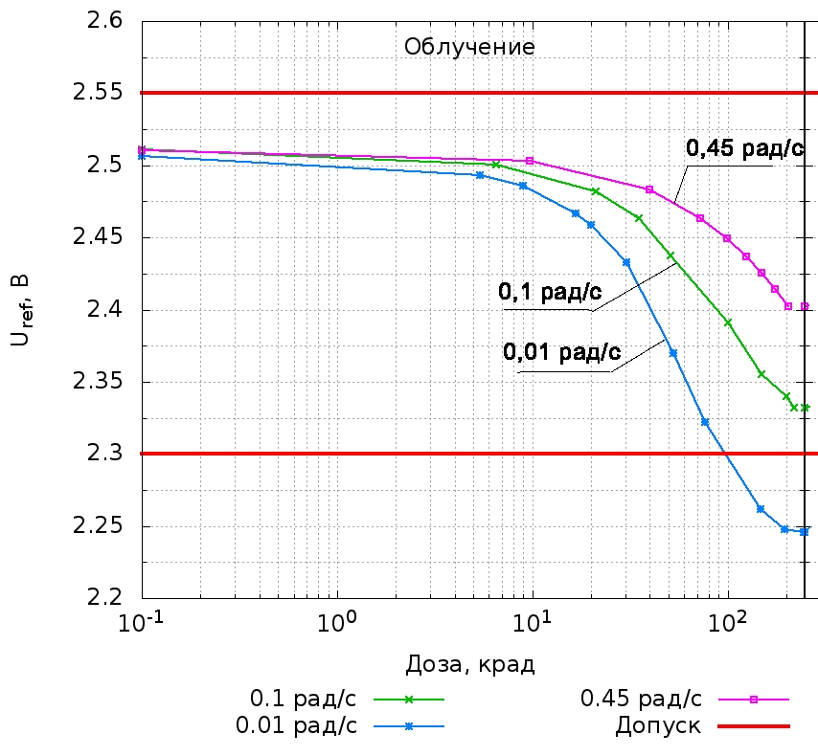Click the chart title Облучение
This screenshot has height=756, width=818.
pyautogui.click(x=469, y=47)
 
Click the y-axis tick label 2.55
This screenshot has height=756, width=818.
pyautogui.click(x=99, y=93)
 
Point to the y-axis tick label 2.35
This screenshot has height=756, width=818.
pyautogui.click(x=99, y=382)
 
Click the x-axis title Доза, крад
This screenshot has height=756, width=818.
pyautogui.click(x=469, y=664)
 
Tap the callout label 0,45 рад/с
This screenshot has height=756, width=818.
pyautogui.click(x=743, y=148)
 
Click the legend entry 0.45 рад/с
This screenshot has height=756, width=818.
pyautogui.click(x=642, y=699)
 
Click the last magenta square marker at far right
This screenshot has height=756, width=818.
pyautogui.click(x=805, y=306)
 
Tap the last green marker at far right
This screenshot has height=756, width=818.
pyautogui.click(x=805, y=408)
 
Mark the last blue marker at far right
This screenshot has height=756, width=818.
pyautogui.click(x=805, y=531)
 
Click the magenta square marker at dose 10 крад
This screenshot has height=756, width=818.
pyautogui.click(x=530, y=161)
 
